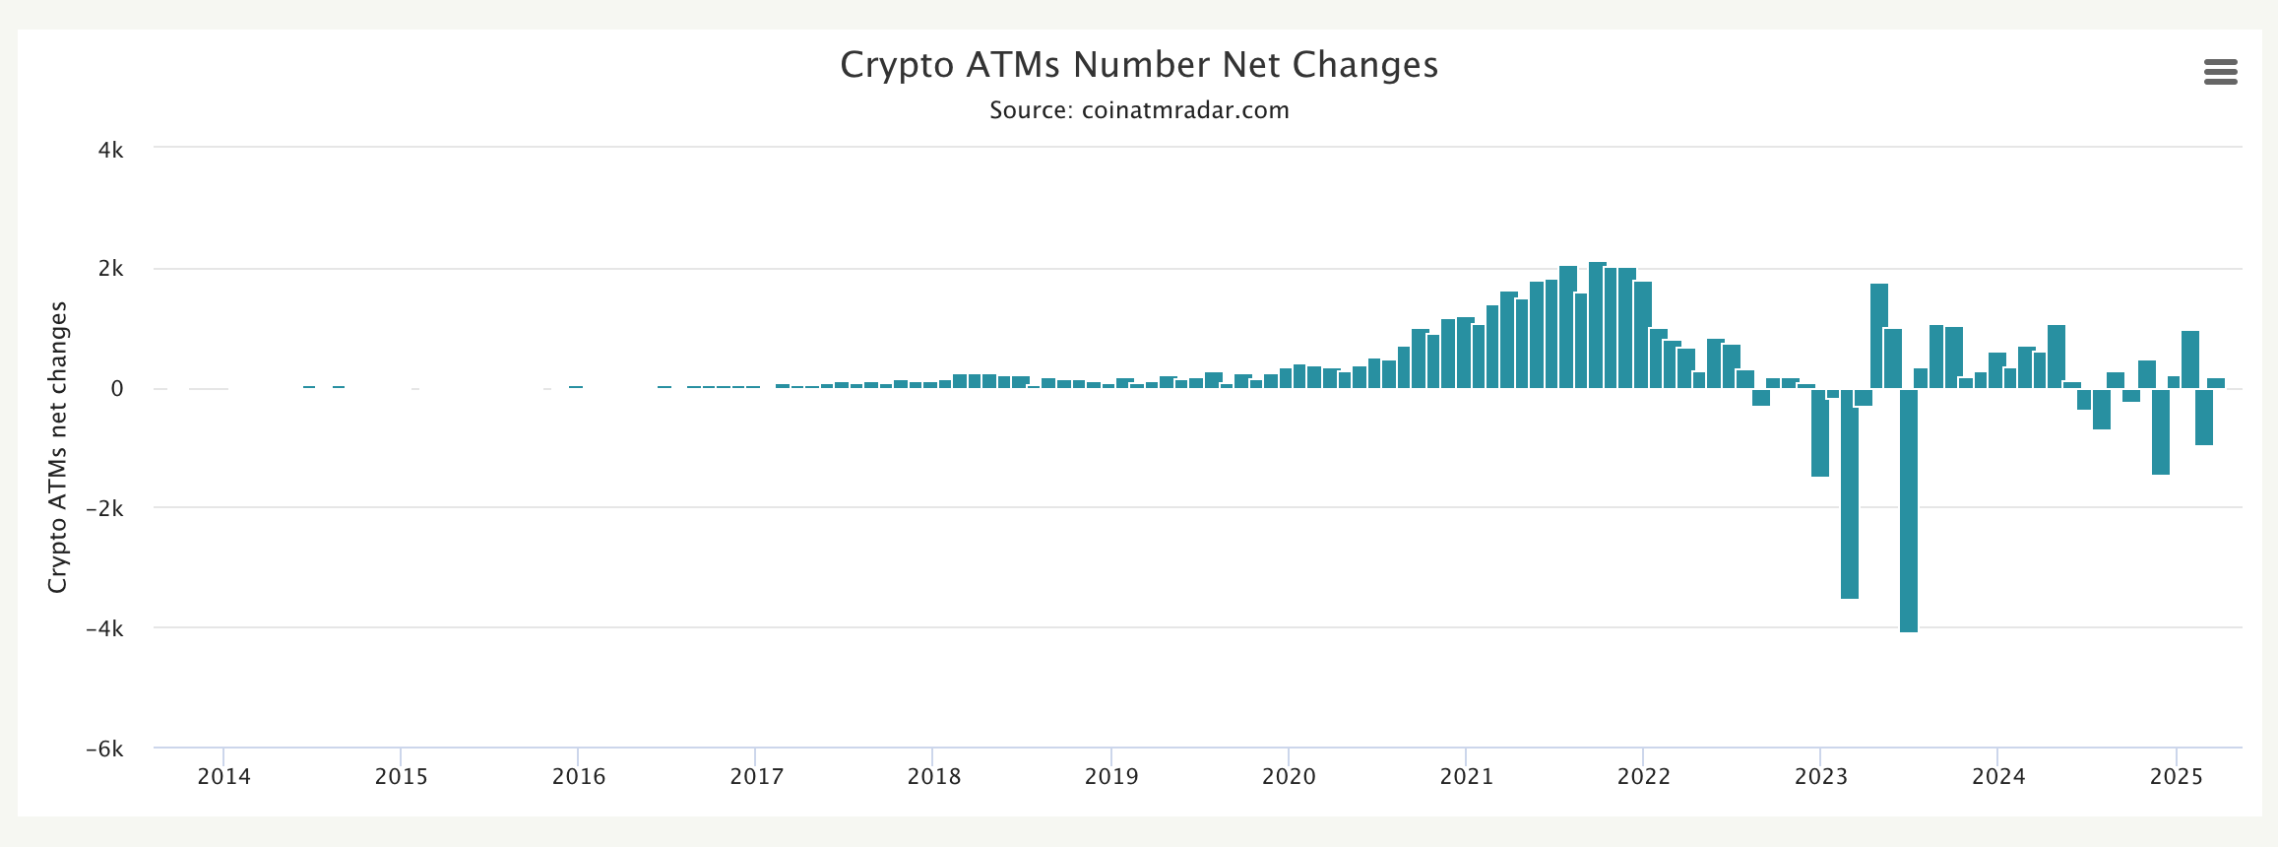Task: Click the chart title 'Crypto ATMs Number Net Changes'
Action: [x=1139, y=65]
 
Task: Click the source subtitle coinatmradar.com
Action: [x=1139, y=110]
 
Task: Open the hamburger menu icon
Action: [x=2220, y=72]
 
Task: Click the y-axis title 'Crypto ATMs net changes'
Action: [x=58, y=448]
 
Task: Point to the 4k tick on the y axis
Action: [x=110, y=151]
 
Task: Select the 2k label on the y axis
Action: [x=110, y=270]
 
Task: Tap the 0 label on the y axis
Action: [x=117, y=389]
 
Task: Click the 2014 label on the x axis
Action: [x=223, y=777]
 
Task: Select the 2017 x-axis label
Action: [x=756, y=777]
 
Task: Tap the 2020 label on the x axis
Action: [x=1289, y=777]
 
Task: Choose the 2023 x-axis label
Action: [x=1821, y=777]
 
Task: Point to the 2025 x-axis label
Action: [x=2177, y=777]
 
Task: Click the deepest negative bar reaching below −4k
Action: [x=1909, y=512]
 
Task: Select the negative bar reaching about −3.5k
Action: [x=1850, y=492]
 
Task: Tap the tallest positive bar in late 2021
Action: [x=1597, y=325]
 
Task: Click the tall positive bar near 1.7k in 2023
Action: [x=1879, y=335]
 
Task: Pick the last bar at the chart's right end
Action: [x=2216, y=383]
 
